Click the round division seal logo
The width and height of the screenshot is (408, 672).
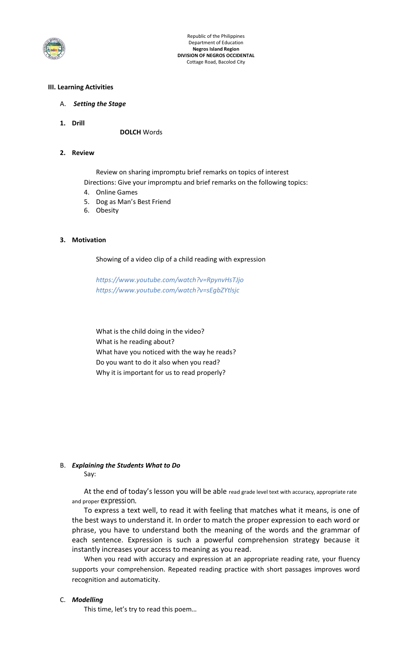[54, 49]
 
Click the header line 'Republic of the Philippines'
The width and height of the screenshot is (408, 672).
[216, 36]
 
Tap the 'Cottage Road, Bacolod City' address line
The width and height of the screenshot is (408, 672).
[216, 62]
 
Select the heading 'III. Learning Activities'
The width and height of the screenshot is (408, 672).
[81, 87]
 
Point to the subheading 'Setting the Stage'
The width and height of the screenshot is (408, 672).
[99, 104]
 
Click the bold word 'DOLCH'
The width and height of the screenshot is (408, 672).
[130, 132]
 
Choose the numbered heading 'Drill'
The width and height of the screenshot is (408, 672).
[78, 123]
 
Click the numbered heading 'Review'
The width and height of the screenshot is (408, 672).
[83, 153]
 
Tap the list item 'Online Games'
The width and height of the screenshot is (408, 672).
[116, 192]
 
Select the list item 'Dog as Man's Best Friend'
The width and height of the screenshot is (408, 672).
[133, 202]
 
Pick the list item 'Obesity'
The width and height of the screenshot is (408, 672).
[107, 210]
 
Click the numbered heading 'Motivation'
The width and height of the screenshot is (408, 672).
[89, 240]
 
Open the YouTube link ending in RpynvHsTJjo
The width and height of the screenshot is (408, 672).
[170, 280]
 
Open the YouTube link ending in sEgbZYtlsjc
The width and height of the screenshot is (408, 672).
[167, 290]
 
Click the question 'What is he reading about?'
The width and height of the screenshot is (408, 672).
[135, 342]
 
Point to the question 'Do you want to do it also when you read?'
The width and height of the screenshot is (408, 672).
[158, 362]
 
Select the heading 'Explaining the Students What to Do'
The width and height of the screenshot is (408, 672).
[126, 465]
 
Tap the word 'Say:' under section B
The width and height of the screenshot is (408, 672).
[90, 474]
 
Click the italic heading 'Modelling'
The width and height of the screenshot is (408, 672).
[87, 600]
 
